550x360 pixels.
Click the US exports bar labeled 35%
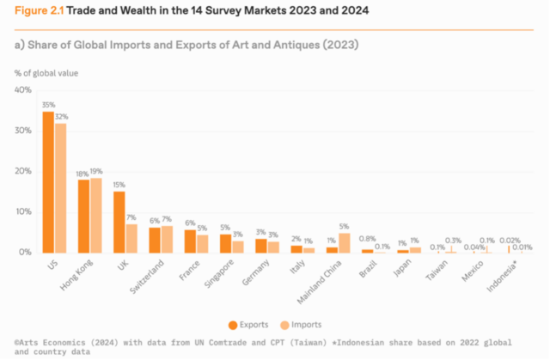[x=48, y=182]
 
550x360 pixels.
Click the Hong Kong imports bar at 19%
[x=95, y=215]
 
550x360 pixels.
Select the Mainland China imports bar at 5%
[x=344, y=242]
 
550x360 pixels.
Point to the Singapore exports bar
[x=226, y=243]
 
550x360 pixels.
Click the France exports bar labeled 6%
[x=190, y=241]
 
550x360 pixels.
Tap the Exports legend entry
[x=250, y=324]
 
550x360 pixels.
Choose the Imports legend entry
[x=300, y=324]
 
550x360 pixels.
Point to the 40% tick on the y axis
[x=23, y=90]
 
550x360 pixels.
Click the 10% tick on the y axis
[x=23, y=211]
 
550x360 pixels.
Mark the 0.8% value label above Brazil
[x=366, y=238]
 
